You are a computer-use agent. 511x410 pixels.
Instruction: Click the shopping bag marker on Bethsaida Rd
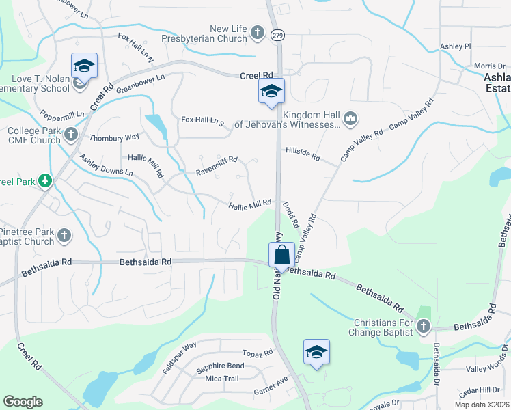point(281,256)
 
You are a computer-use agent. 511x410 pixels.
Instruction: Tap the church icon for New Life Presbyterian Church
point(258,32)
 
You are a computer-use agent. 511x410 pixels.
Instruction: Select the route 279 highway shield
point(277,34)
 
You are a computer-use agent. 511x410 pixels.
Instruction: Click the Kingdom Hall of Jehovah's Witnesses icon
point(350,119)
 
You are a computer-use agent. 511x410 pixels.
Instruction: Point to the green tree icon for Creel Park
point(45,180)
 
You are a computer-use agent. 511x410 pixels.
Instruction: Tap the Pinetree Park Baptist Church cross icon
point(64,236)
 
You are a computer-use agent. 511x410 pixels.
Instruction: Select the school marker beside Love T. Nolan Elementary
point(84,66)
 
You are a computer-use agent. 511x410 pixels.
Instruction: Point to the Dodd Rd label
point(290,215)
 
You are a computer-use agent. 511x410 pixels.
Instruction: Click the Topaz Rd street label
point(258,353)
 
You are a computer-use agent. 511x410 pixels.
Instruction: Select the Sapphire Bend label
point(220,367)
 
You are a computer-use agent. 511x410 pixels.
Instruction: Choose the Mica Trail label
point(222,379)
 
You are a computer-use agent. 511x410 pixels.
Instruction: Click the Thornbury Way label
point(114,137)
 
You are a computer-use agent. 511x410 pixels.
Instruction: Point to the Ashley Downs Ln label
point(107,165)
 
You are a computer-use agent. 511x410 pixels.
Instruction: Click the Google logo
point(23,402)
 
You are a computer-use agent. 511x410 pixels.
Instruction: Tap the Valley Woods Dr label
point(487,368)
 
